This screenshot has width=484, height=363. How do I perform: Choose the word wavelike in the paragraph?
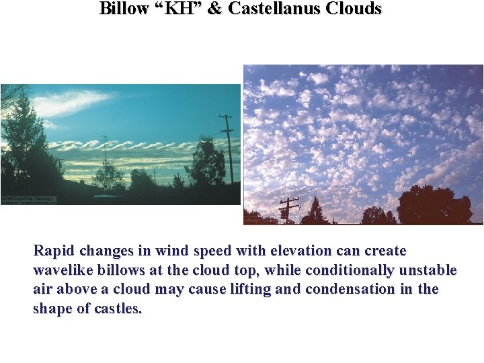pyautogui.click(x=63, y=271)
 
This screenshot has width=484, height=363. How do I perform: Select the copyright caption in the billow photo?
pyautogui.click(x=28, y=200)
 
